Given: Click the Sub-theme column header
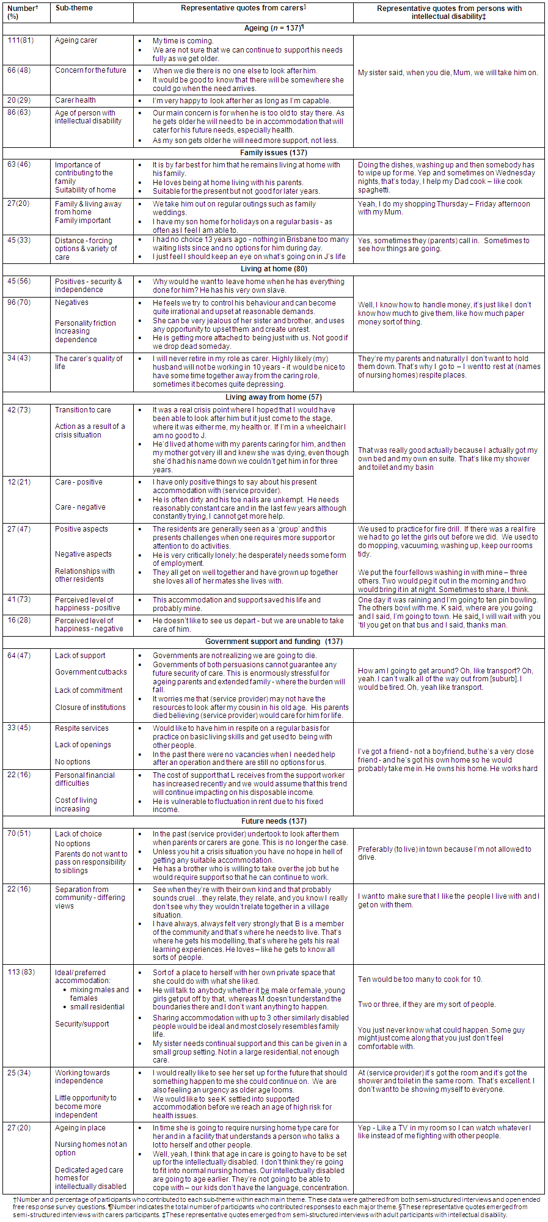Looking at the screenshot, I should coord(72,8).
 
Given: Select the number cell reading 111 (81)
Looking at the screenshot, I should coord(21,40).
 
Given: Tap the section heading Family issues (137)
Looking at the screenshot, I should coord(273,153).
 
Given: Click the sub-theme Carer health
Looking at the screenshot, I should coord(75,100).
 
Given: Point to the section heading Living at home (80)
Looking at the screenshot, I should coord(274,269).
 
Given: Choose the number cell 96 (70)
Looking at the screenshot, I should coord(19,302).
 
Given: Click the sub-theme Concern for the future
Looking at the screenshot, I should coord(90,70).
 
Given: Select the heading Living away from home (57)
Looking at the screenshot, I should coord(273,397).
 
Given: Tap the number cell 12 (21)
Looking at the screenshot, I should coord(19,482).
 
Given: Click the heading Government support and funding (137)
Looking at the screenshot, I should coord(274,642).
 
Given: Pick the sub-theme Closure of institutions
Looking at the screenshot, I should coord(90,708).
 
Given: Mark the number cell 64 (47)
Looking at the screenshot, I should coord(19,656).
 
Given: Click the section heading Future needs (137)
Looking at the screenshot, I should coord(274,821).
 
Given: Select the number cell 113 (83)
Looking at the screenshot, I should coord(21,972).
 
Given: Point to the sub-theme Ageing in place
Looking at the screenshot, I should coord(80,1128).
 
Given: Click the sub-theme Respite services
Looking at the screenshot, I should coord(82,728).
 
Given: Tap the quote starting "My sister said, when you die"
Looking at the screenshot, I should coord(448,73).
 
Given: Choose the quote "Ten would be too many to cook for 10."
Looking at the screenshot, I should coord(420,979).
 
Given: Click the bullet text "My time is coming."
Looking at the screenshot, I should coord(183,41).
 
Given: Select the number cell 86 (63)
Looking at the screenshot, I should coord(19,113).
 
